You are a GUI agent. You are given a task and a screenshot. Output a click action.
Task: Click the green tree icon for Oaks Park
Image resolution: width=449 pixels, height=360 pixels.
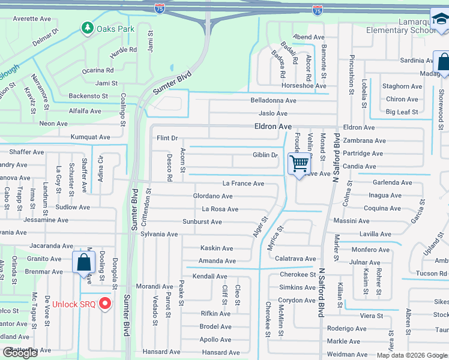pos(88,28)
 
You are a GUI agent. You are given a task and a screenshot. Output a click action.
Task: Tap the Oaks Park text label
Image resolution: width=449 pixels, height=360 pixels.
pos(115,28)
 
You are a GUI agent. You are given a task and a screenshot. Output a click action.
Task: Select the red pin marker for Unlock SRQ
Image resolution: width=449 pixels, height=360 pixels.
pos(106,304)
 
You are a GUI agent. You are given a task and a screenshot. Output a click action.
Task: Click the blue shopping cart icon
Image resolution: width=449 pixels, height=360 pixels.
pos(298,163)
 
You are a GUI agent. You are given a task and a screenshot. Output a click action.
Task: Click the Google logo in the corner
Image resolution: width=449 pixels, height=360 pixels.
pos(20,353)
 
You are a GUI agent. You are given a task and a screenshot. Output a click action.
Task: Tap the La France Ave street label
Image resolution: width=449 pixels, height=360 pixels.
pos(243,184)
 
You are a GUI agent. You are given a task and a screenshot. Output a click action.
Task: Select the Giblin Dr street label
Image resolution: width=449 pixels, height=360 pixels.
pos(265,155)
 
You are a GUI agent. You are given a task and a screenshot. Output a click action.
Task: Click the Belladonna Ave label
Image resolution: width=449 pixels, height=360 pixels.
pos(274,101)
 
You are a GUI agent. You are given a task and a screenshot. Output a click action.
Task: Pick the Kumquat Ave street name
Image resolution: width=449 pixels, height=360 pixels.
pos(90,137)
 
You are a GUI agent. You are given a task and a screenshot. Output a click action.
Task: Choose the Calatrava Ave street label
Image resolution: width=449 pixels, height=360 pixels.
pos(295,259)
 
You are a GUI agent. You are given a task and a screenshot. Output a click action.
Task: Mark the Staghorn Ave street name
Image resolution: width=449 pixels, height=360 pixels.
pos(402,87)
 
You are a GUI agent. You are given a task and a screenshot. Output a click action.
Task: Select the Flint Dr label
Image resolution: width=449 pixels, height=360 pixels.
pos(167,138)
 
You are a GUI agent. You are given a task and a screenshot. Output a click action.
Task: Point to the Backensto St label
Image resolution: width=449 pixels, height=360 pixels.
pos(88,96)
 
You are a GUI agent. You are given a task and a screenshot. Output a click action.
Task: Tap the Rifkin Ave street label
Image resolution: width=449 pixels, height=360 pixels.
pos(215,314)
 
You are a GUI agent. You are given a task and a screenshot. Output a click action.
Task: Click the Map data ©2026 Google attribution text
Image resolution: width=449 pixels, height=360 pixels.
pos(412,355)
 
